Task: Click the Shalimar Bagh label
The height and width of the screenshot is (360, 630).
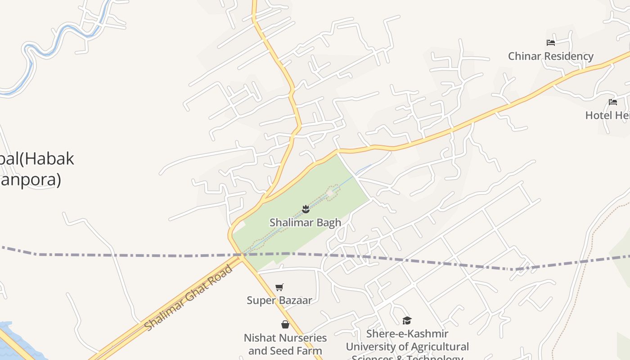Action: tap(305, 222)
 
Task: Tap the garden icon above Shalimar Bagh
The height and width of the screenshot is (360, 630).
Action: tap(306, 208)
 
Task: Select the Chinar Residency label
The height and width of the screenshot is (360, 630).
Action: tap(550, 56)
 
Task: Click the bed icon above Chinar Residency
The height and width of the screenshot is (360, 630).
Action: tap(550, 43)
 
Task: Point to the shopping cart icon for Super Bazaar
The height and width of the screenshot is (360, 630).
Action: tap(279, 287)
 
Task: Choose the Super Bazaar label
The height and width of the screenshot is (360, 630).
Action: tap(279, 300)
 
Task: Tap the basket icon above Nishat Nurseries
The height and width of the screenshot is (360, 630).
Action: tap(285, 324)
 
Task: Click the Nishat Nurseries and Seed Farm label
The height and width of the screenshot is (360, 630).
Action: tap(285, 344)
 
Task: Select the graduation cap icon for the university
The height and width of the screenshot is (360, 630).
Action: tap(407, 320)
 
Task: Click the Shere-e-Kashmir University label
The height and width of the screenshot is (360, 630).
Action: tap(407, 346)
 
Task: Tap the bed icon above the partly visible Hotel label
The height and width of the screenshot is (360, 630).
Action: tap(612, 102)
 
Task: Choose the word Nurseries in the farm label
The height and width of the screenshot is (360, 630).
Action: tap(301, 337)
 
